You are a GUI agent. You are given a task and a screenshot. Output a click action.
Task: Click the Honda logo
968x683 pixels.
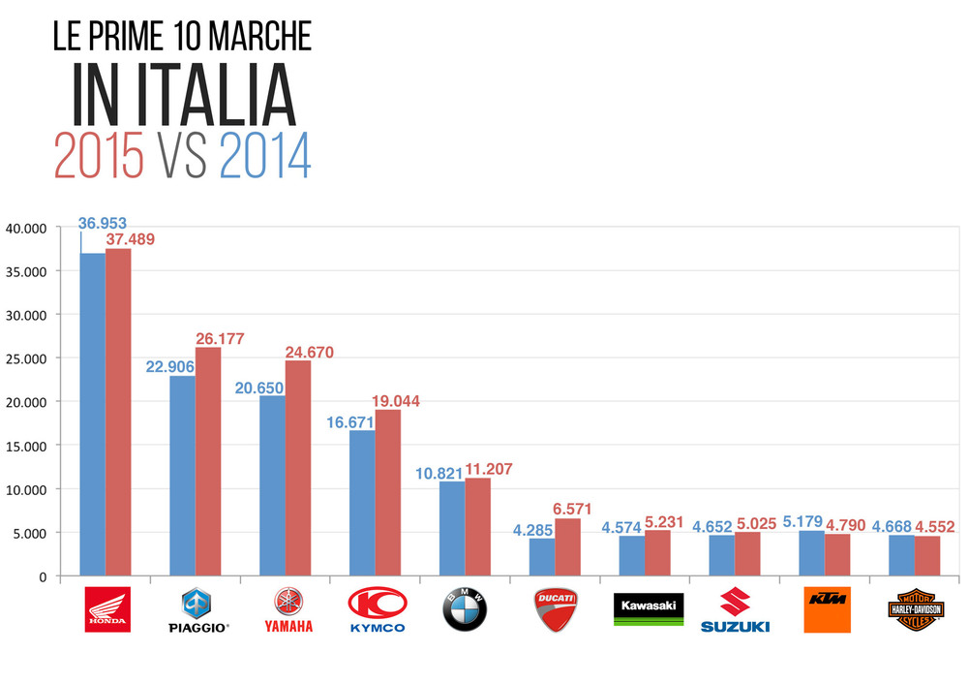tap(106, 609)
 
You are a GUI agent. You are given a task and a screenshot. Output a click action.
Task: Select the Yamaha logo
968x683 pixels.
tap(287, 609)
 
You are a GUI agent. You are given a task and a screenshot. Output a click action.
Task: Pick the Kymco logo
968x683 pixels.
tap(377, 609)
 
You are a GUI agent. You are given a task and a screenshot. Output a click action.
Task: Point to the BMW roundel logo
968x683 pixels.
tap(465, 609)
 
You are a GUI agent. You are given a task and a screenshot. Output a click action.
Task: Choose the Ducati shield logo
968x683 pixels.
tap(555, 609)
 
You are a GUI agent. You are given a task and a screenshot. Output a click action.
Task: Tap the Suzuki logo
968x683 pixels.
tap(735, 609)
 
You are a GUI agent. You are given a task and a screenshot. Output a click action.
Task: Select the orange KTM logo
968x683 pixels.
tap(827, 609)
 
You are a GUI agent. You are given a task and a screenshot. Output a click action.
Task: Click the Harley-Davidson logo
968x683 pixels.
tap(915, 609)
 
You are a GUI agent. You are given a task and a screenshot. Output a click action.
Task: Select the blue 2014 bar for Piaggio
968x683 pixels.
tap(182, 476)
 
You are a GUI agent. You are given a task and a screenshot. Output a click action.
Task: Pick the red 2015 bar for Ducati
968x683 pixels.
tap(567, 547)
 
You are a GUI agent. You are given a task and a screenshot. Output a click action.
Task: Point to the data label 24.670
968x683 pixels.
tap(309, 353)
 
